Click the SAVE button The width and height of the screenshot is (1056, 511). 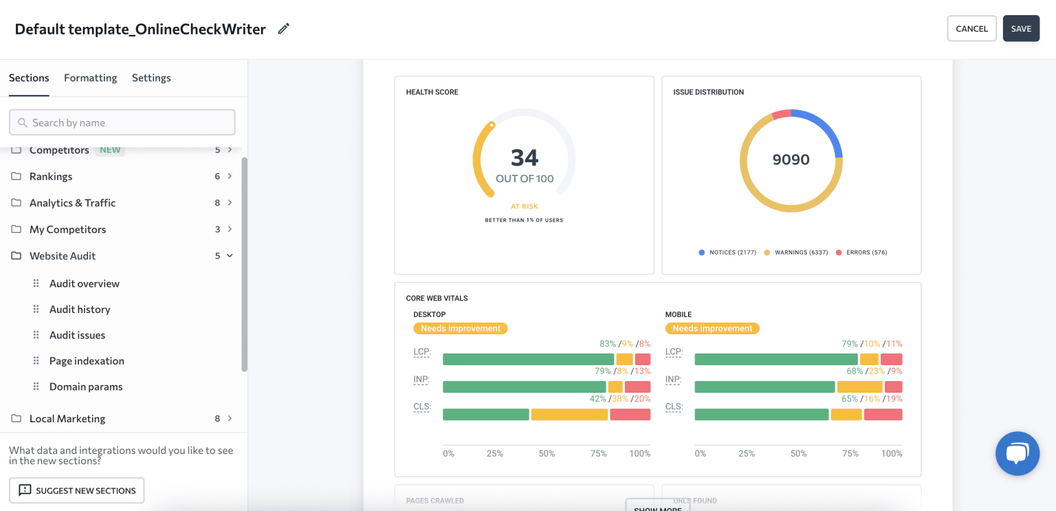point(1021,29)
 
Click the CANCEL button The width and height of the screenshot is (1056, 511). point(971,29)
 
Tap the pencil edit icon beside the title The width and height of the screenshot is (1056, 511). point(283,29)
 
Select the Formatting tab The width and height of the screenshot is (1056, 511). point(90,78)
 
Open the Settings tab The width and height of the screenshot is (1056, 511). point(151,78)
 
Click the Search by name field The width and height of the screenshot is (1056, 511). point(122,122)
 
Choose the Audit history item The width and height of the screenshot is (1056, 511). point(80,309)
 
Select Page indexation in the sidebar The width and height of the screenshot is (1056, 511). point(87,361)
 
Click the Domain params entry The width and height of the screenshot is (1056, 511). point(86,387)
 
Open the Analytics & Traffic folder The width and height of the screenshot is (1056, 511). point(72,203)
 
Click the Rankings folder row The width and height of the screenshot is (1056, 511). point(51,176)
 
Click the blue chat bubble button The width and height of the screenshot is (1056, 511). point(1017,453)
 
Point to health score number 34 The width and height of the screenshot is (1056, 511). point(524,157)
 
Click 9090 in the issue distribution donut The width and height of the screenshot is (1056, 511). point(791,160)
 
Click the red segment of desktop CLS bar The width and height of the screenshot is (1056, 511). point(630,415)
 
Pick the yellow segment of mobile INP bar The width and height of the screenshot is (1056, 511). point(859,387)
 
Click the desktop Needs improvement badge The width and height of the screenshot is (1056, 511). point(461,329)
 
